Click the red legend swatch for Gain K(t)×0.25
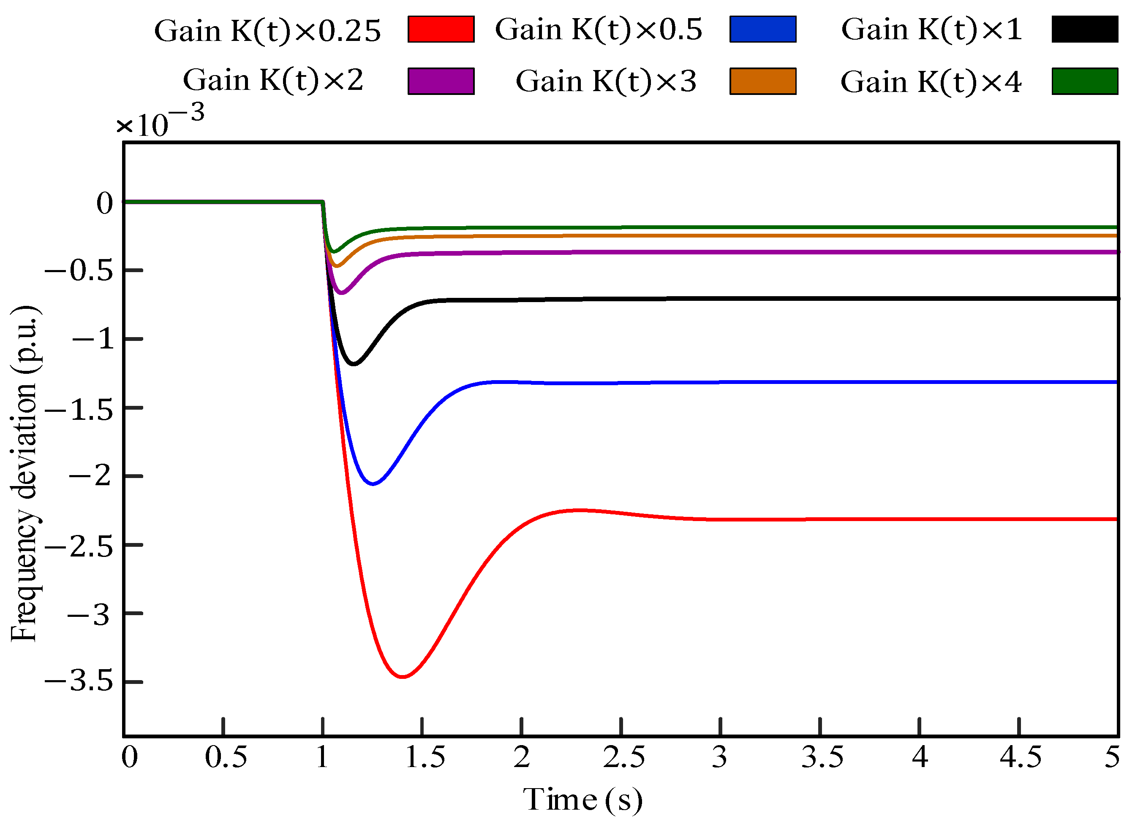coord(441,29)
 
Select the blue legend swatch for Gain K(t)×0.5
coord(763,29)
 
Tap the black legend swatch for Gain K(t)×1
coord(1084,29)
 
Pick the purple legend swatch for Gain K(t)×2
coord(441,81)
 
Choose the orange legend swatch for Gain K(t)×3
coord(763,81)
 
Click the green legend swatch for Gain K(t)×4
coord(1084,81)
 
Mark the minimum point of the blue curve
coord(373,484)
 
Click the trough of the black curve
coord(354,364)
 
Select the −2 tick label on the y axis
coord(90,475)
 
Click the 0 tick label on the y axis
coord(105,203)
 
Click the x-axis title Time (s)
coord(582,799)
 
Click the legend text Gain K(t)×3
coord(606,81)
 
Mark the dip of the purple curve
coord(342,292)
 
